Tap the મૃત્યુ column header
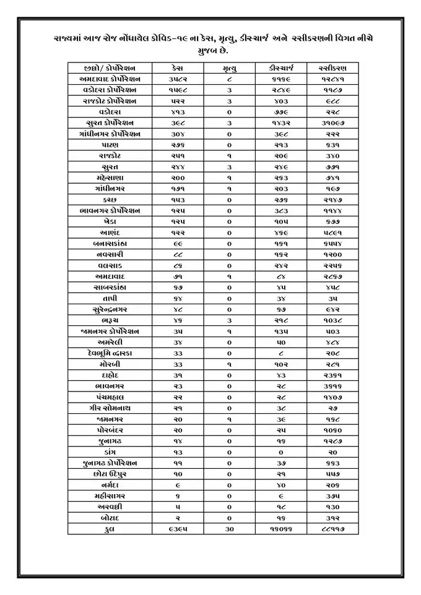pyautogui.click(x=229, y=68)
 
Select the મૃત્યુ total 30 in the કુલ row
pyautogui.click(x=229, y=530)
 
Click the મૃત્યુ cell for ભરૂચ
pyautogui.click(x=229, y=320)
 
